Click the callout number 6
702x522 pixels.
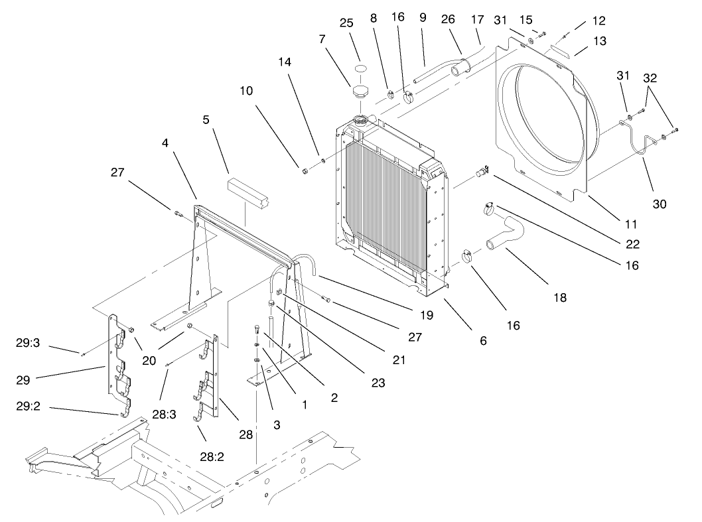tap(483, 340)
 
